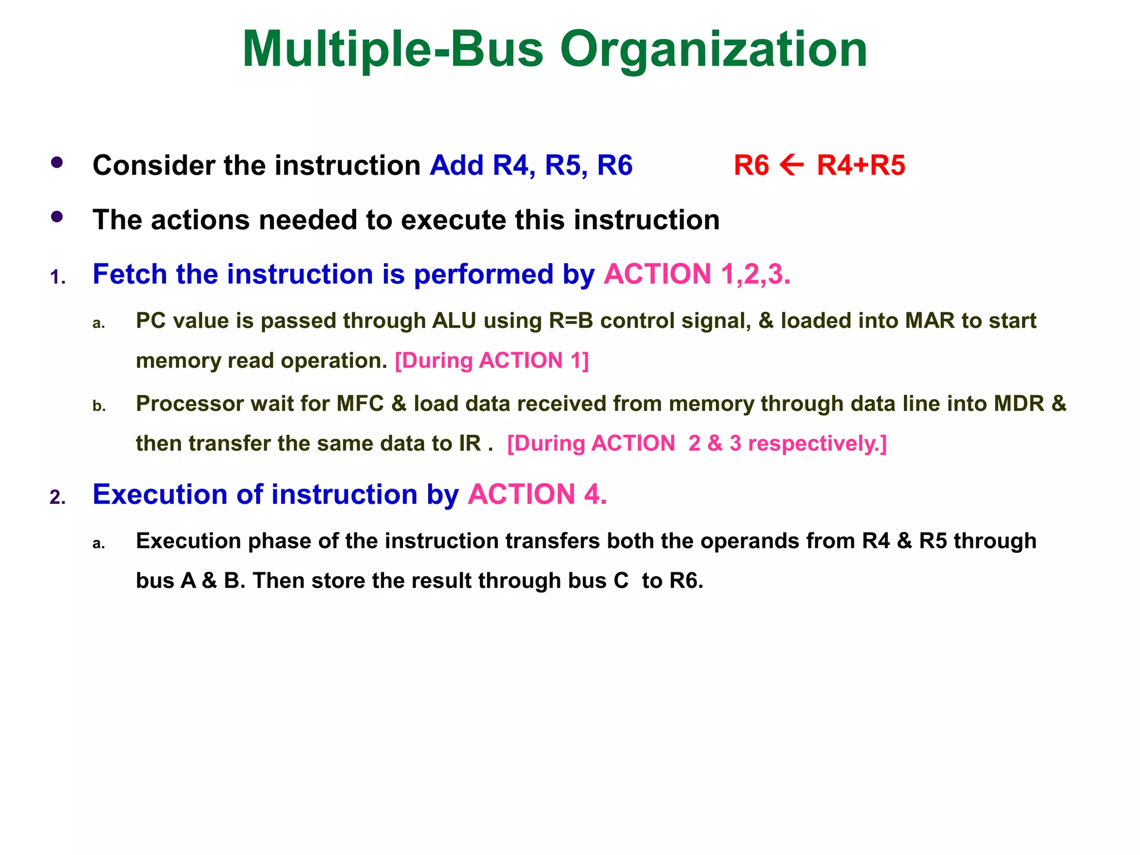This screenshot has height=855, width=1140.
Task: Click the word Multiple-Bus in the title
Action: click(x=392, y=50)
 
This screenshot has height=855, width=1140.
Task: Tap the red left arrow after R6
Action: click(x=792, y=165)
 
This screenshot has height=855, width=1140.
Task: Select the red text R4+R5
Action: click(x=861, y=165)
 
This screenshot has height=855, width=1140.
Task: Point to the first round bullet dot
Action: click(x=57, y=163)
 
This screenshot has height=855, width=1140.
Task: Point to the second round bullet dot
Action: click(x=57, y=217)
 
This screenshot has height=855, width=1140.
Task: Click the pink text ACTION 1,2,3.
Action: click(x=697, y=274)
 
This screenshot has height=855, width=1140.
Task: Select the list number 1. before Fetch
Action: click(x=58, y=277)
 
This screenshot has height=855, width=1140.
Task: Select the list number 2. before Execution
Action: click(x=58, y=497)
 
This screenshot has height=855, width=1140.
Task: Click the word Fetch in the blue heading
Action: click(x=130, y=274)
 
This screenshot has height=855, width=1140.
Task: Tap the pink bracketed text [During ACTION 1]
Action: click(x=492, y=361)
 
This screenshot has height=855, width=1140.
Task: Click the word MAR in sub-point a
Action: click(x=930, y=321)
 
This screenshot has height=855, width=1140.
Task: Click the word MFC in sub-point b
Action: click(x=360, y=404)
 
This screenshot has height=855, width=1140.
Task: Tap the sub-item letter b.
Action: click(x=99, y=406)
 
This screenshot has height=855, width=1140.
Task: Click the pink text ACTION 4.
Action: click(x=537, y=494)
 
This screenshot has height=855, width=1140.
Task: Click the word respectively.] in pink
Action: click(x=817, y=444)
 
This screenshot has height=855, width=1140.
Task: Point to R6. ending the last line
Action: click(x=686, y=581)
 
